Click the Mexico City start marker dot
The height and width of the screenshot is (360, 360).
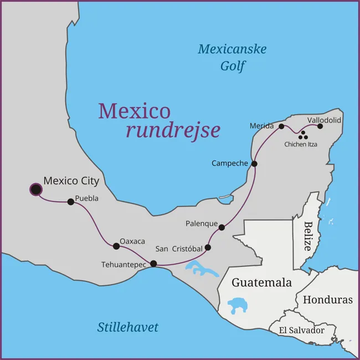(36, 190)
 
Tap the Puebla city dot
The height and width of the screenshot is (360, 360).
(71, 202)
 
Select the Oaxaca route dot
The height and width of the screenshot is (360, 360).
(116, 246)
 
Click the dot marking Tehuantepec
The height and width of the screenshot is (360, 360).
(153, 264)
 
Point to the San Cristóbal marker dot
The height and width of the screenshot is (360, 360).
(208, 248)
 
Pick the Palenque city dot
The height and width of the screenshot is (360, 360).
(222, 227)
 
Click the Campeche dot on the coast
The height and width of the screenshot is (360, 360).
(254, 163)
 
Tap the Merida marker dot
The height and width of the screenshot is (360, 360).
(281, 126)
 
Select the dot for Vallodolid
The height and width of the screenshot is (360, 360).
(320, 126)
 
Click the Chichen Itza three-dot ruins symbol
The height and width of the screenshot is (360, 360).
(302, 135)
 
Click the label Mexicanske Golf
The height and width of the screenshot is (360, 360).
(232, 58)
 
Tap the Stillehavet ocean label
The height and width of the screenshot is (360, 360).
(128, 327)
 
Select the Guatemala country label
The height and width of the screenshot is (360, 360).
(261, 282)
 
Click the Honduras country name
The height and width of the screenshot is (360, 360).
(327, 300)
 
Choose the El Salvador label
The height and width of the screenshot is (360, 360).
(301, 330)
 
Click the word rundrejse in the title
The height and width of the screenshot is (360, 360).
(173, 131)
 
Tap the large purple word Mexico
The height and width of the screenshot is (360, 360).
(135, 111)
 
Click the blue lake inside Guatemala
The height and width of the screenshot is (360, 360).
(239, 304)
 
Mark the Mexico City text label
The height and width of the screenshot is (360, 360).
(71, 181)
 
